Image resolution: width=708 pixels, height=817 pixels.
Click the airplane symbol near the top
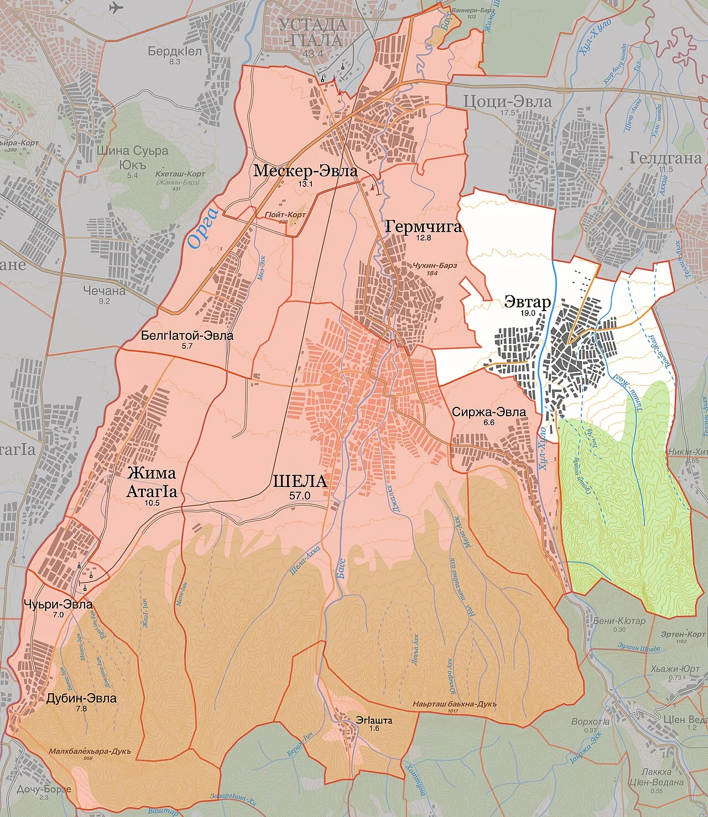116,8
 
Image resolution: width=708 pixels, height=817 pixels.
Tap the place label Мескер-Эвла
305,171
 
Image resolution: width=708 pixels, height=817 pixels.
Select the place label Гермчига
423,226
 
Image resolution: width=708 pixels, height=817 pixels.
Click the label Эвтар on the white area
527,302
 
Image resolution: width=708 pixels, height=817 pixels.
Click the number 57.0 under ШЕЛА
300,496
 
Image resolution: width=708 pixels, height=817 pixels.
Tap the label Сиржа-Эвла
489,412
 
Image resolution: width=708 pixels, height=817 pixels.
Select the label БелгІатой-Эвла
187,336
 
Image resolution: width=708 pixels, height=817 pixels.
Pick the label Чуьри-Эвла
58,604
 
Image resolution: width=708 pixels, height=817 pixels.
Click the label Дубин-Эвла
81,698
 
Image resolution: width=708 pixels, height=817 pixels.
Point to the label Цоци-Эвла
507,102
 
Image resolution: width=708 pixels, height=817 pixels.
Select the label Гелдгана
665,158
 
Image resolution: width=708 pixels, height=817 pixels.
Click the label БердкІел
175,51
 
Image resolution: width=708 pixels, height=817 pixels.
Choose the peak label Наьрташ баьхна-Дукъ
454,704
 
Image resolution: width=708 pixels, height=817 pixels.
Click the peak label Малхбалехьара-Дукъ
90,751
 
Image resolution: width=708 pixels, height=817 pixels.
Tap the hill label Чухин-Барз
435,265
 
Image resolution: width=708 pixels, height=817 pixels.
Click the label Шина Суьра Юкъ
132,157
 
